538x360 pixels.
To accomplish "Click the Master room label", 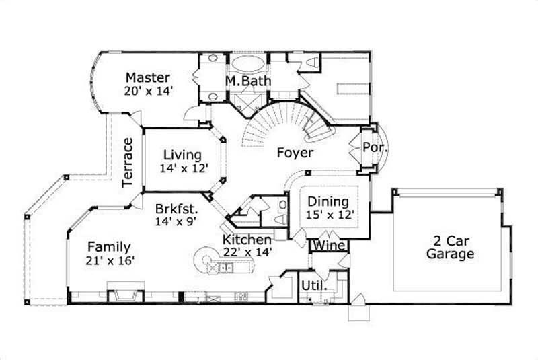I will point(147,78).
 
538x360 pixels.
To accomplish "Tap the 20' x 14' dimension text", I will point(149,90).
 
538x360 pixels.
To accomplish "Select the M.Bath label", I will point(248,82).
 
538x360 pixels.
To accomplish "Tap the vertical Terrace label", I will point(129,161).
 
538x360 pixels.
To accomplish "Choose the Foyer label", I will point(295,153).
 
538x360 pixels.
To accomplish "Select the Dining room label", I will point(328,201).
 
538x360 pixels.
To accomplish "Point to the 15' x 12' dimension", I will point(329,215).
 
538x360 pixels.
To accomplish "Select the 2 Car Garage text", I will point(445,248).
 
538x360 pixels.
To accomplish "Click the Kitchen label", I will point(247,240).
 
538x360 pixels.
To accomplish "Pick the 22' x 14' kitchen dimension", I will point(248,252).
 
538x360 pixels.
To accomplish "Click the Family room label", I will point(109,247).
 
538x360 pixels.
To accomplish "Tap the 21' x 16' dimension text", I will point(108,260).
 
